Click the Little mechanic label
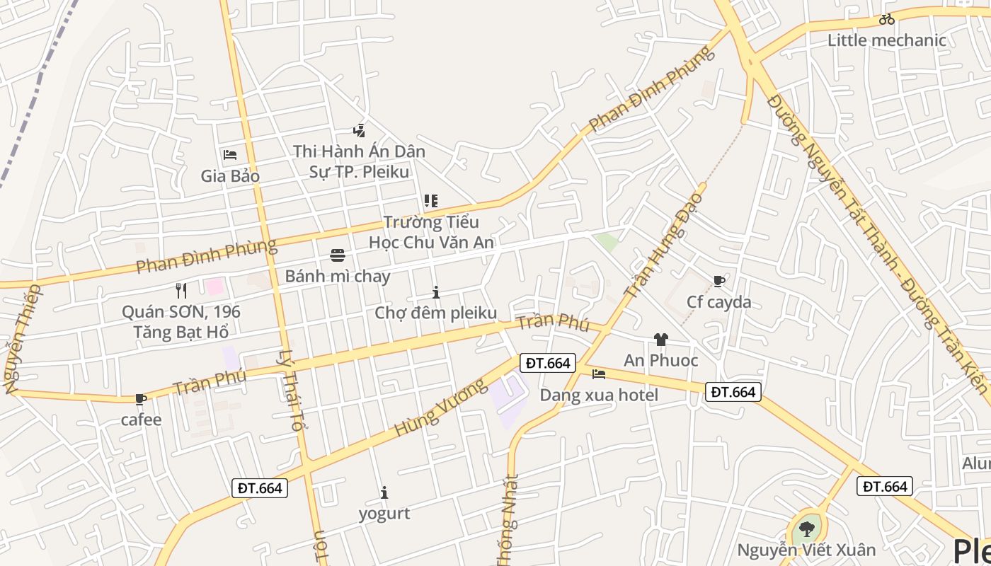(886, 40)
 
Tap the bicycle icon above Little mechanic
(886, 20)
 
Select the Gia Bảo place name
(230, 176)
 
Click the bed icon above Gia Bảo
(229, 155)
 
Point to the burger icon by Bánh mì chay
(337, 255)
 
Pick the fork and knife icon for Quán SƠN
(181, 290)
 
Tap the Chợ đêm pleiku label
(435, 313)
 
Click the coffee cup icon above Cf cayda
(719, 282)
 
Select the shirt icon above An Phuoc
(660, 340)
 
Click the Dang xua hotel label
(599, 395)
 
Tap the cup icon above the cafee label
(141, 400)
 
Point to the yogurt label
(384, 514)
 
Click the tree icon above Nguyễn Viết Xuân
(806, 529)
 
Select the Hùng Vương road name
(440, 408)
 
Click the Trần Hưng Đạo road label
(664, 244)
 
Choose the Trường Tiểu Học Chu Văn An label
(431, 232)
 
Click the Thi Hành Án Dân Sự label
(359, 161)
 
